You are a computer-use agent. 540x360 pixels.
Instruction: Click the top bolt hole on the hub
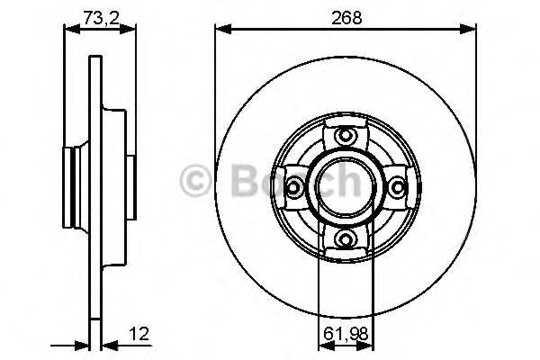click(346, 136)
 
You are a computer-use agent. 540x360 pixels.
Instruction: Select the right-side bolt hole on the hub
click(396, 186)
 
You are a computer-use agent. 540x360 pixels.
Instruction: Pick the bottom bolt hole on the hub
click(346, 237)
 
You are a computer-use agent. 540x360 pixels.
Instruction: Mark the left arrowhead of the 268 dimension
click(220, 30)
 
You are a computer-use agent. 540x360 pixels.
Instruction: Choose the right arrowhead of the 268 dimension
click(471, 30)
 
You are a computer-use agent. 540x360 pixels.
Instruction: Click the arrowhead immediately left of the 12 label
click(102, 344)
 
